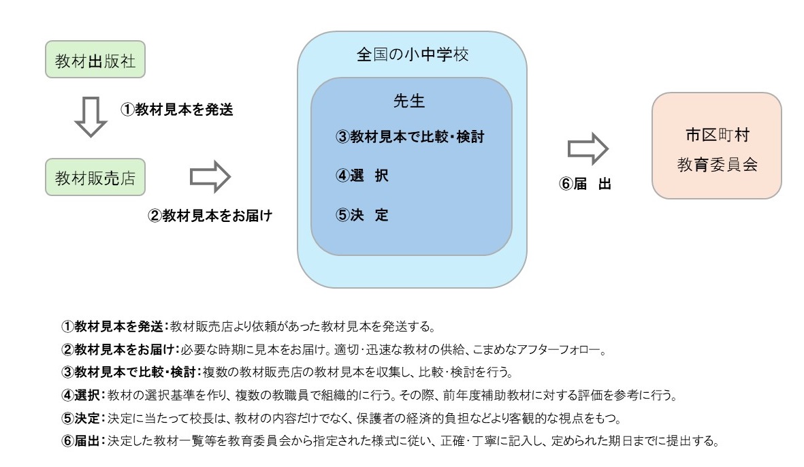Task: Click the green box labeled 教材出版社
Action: [x=95, y=59]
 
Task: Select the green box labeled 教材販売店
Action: [x=95, y=177]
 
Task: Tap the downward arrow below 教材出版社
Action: [x=91, y=117]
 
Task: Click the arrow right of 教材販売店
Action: [x=210, y=177]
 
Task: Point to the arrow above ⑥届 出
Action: [x=588, y=148]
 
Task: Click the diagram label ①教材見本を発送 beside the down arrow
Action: [x=177, y=109]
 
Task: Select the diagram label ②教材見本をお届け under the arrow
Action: [x=210, y=215]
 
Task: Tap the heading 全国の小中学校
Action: [x=413, y=54]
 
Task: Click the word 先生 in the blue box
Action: [x=409, y=101]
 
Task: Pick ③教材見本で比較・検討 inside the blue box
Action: [x=410, y=137]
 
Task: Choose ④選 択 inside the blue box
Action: [x=362, y=176]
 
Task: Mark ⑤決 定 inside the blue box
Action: [x=362, y=215]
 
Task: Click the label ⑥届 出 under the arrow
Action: [x=585, y=184]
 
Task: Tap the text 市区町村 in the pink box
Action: [x=718, y=135]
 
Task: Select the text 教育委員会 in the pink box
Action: [x=718, y=165]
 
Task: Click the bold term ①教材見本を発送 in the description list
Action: [x=112, y=327]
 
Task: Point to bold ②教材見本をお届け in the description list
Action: [x=118, y=350]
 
